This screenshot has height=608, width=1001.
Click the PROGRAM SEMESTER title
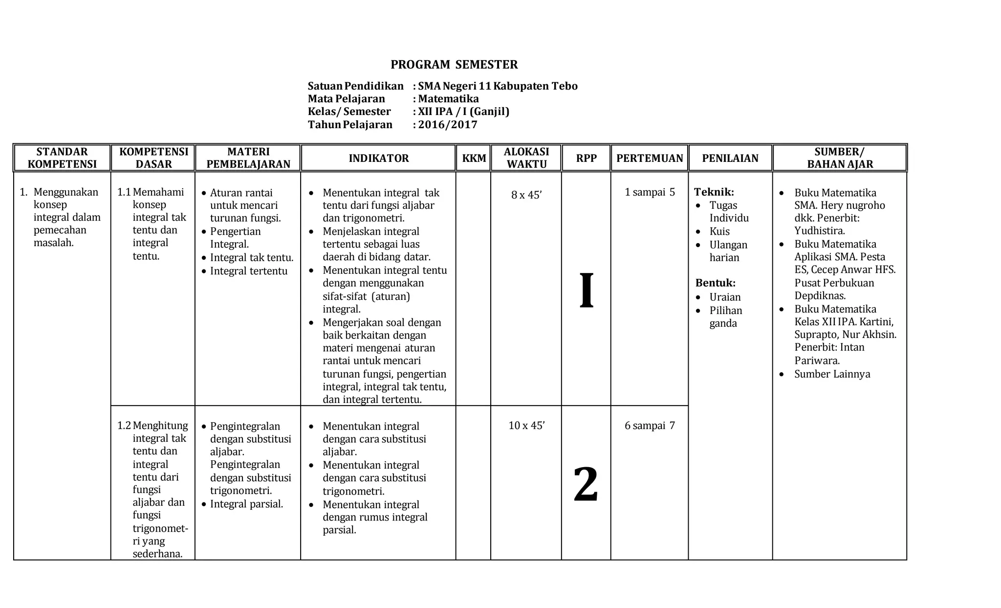pos(454,65)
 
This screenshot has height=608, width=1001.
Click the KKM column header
pos(474,158)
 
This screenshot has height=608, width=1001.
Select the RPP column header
pos(586,158)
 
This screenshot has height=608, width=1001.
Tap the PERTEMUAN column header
pos(650,158)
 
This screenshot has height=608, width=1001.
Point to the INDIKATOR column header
pos(378,158)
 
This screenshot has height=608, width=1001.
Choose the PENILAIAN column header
pos(730,158)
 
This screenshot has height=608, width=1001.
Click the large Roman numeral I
pos(587,291)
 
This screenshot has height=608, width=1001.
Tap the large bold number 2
pos(586,484)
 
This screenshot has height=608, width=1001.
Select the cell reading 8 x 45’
pos(526,195)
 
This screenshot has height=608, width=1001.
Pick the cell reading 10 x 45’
pos(526,426)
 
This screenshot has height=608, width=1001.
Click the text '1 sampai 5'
pos(650,192)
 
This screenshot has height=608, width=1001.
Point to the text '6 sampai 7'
pos(650,426)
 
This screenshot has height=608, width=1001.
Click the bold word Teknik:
pos(714,192)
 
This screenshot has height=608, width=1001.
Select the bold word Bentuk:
pos(715,283)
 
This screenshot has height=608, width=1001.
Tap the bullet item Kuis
pos(719,231)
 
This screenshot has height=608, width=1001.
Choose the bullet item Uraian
pos(725,297)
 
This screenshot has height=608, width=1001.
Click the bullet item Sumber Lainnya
pos(832,374)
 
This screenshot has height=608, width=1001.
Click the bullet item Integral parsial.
pos(246,504)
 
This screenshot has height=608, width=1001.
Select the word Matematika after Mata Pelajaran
pos(448,99)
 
